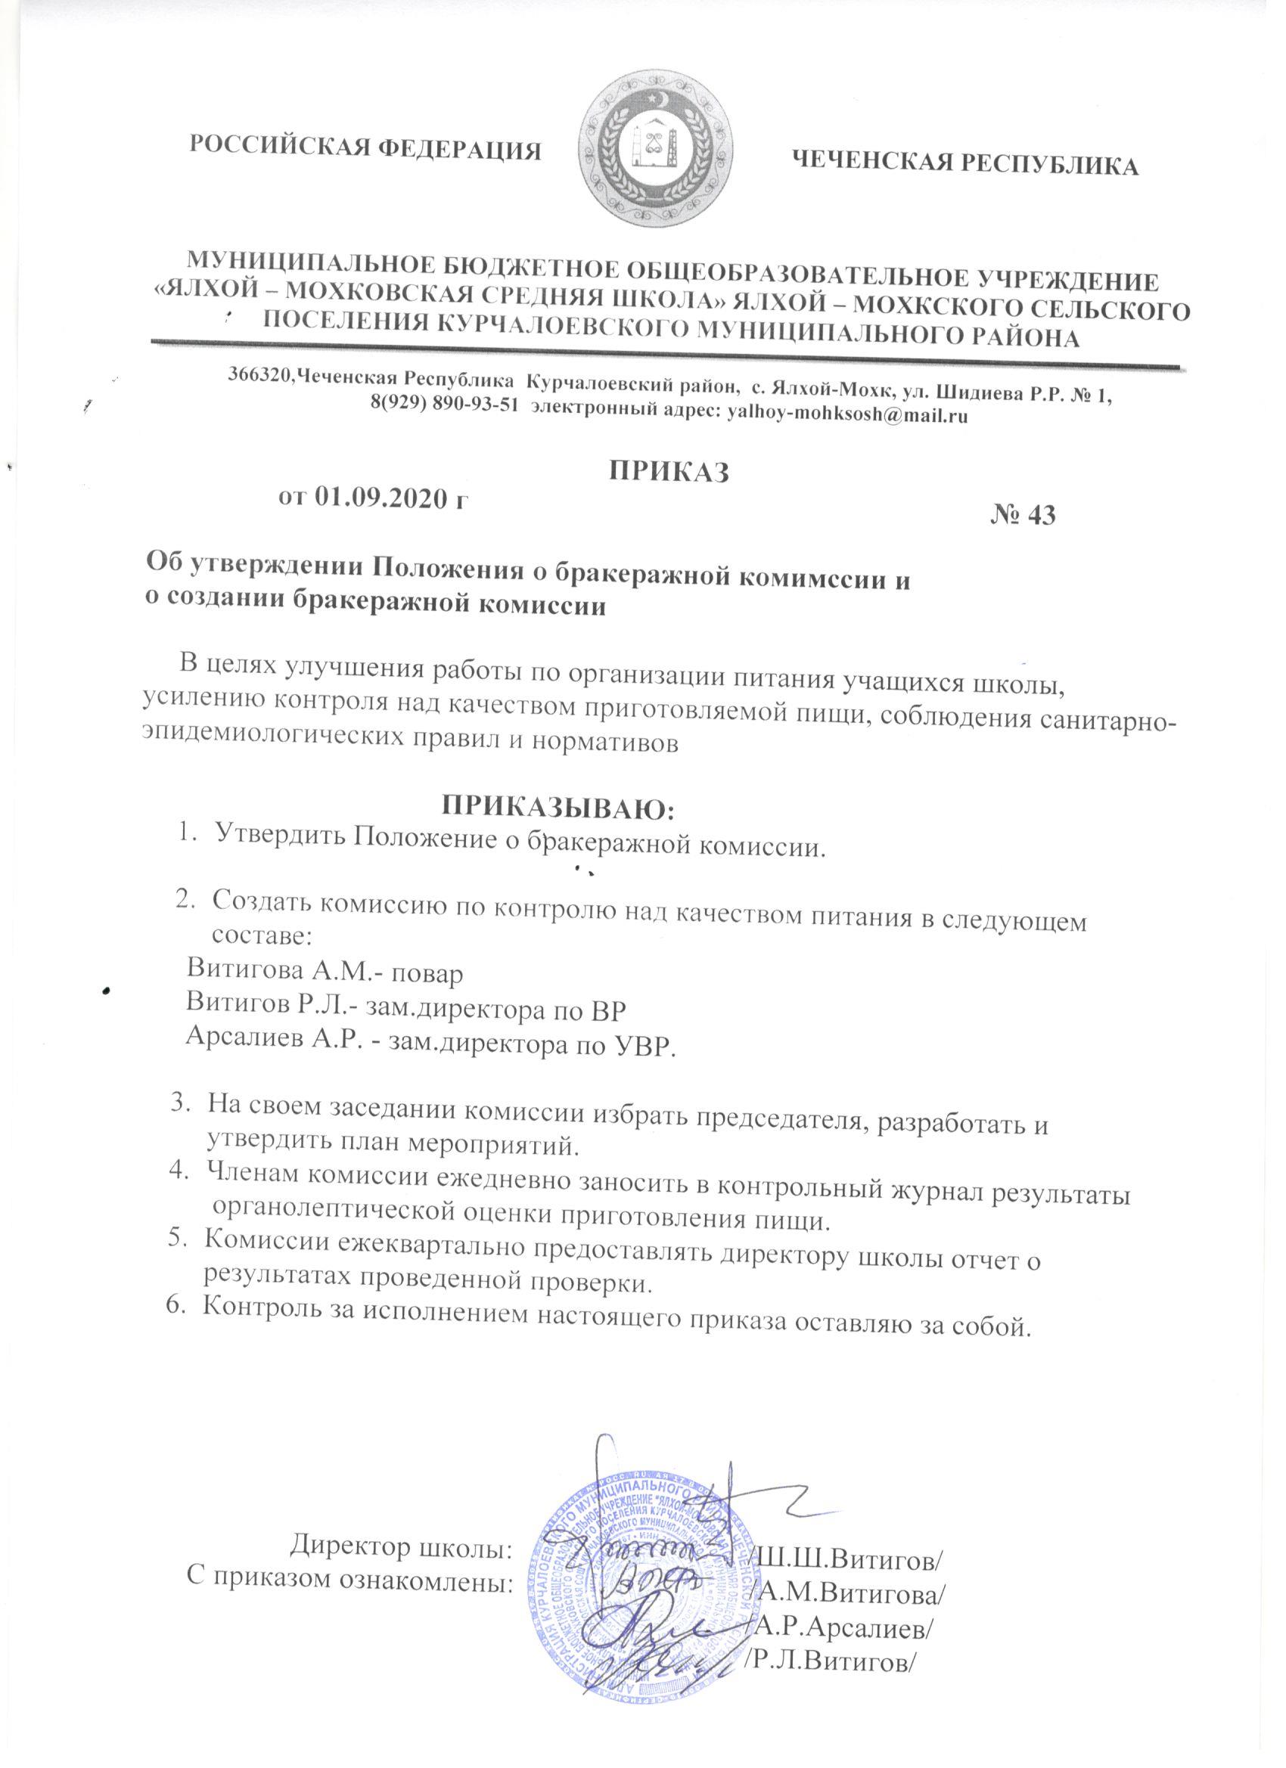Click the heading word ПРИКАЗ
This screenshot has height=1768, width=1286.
[x=669, y=472]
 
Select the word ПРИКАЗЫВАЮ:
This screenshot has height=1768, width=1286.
[x=558, y=807]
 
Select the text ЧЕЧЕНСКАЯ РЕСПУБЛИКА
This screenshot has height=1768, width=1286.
[x=964, y=163]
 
